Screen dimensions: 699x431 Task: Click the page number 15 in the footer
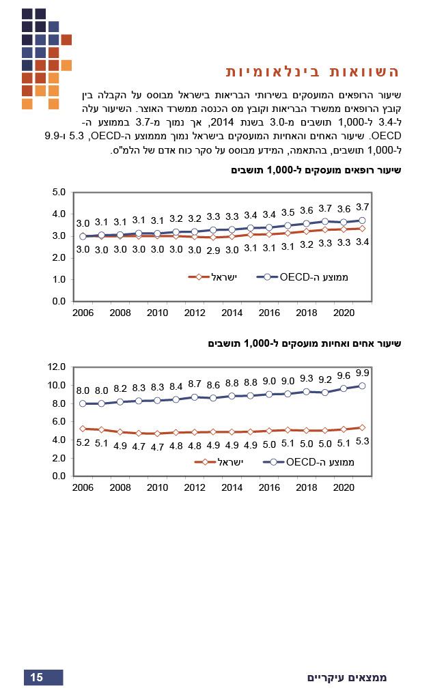[37, 677]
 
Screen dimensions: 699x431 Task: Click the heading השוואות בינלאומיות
[312, 72]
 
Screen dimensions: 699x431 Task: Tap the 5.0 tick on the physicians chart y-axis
[59, 192]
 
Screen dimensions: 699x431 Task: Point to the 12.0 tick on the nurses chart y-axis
[57, 367]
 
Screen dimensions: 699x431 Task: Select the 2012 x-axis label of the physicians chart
[195, 313]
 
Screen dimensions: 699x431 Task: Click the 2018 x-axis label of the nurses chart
[306, 487]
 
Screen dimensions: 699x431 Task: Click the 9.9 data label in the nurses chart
[363, 373]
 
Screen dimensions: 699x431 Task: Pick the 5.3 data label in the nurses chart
[363, 441]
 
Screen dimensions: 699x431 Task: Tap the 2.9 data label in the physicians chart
[214, 250]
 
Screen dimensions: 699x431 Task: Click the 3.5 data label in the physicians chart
[288, 212]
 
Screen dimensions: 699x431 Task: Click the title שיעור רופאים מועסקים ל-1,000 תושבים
[316, 170]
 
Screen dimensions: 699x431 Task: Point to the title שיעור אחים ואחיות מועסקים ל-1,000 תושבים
[305, 343]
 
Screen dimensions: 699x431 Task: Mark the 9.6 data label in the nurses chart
[344, 375]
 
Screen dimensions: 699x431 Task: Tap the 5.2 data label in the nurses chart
[83, 442]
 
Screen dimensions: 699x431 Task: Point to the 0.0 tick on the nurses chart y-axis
[59, 476]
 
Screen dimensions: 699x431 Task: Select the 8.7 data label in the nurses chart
[195, 384]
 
